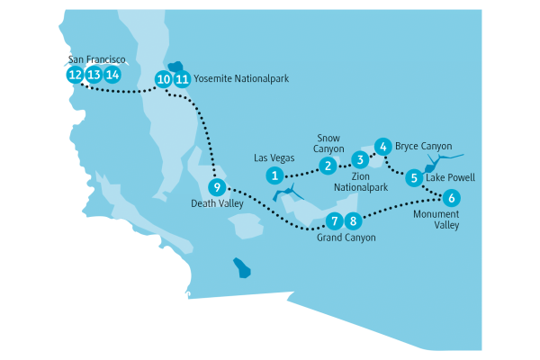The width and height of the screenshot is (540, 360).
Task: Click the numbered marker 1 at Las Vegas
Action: click(274, 175)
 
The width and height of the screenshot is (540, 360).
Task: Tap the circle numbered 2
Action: click(328, 165)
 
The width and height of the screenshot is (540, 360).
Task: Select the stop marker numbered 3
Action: click(359, 160)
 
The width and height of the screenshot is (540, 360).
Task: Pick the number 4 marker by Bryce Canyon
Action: click(382, 146)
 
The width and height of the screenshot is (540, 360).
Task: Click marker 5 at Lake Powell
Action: click(413, 178)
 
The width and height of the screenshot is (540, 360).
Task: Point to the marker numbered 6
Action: click(451, 198)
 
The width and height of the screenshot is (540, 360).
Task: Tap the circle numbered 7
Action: click(334, 220)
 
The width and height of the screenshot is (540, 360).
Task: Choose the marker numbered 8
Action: click(353, 220)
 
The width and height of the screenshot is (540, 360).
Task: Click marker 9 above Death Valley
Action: click(216, 188)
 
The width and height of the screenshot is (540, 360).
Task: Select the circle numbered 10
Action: click(163, 79)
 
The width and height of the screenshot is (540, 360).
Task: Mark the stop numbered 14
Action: click(112, 75)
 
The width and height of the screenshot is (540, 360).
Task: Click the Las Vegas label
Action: click(274, 157)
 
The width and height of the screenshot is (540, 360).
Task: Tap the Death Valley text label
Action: click(216, 204)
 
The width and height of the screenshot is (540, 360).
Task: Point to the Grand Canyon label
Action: click(346, 238)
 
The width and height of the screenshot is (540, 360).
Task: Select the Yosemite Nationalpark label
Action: click(241, 79)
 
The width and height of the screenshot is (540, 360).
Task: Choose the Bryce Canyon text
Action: click(423, 146)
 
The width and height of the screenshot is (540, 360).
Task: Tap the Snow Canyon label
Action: click(328, 143)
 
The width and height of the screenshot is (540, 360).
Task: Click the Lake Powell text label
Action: click(450, 178)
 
